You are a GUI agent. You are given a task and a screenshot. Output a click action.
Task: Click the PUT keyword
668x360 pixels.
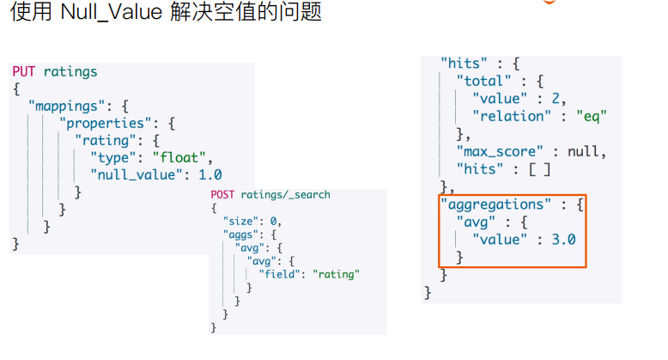point(24,71)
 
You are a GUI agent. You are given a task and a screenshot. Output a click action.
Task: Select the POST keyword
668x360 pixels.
point(223,195)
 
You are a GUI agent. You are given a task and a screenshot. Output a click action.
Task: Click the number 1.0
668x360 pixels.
point(210,174)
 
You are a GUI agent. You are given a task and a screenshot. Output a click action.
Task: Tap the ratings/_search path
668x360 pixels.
point(286,195)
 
